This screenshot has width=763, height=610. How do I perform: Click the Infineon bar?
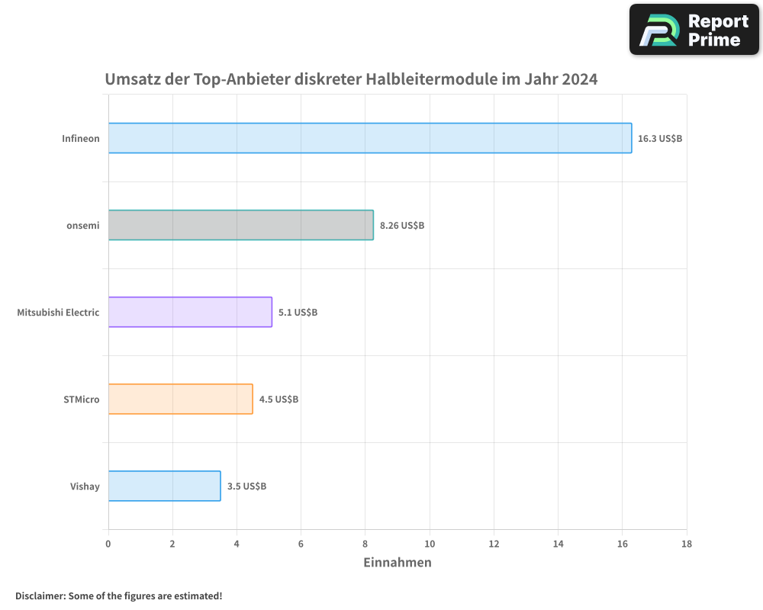[370, 138]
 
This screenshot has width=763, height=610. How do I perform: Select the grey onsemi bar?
[240, 225]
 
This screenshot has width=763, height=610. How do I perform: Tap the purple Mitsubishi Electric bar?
[190, 312]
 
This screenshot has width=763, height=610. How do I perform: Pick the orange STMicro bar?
[180, 399]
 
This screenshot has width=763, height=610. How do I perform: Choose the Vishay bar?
[164, 486]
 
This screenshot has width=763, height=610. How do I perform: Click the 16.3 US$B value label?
[660, 139]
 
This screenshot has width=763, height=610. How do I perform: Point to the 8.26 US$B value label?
[402, 226]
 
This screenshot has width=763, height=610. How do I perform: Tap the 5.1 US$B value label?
[298, 313]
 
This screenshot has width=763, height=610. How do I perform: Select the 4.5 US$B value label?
[278, 400]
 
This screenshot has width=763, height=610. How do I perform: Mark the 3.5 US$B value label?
[246, 486]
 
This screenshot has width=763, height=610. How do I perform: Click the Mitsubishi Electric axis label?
[58, 312]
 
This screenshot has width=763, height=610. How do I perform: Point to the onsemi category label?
[83, 225]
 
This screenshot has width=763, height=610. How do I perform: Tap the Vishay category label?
[85, 486]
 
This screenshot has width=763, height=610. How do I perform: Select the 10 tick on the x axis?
[430, 544]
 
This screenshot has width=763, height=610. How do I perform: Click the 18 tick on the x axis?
[687, 544]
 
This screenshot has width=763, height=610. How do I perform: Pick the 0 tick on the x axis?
[108, 544]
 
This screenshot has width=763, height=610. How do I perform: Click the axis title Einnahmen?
[398, 563]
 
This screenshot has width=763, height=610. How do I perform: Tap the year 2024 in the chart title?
[579, 79]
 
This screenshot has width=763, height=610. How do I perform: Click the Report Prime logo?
[694, 30]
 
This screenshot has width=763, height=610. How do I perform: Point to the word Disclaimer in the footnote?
[40, 596]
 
